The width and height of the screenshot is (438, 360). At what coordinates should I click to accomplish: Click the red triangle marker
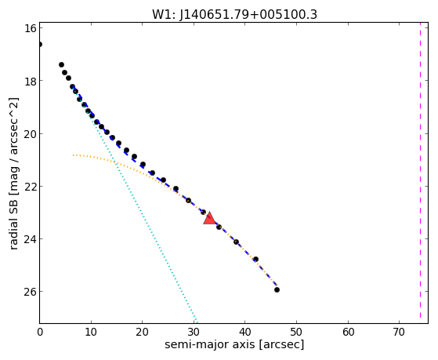[x=209, y=219]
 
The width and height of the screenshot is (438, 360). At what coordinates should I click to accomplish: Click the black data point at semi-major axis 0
[x=39, y=44]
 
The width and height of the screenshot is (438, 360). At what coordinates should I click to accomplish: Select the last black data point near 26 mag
[x=277, y=289]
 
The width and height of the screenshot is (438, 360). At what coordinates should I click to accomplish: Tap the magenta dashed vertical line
[x=420, y=173]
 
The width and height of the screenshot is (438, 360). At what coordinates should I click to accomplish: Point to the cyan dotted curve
[x=134, y=202]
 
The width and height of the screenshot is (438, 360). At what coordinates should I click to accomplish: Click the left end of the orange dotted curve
[x=73, y=155]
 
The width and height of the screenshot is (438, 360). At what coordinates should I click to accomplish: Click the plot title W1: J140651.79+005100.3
[x=234, y=14]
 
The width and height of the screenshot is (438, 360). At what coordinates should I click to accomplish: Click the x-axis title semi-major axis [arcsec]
[x=234, y=344]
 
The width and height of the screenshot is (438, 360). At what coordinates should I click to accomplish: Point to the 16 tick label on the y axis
[x=29, y=28]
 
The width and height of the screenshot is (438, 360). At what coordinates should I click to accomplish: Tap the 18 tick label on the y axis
[x=29, y=81]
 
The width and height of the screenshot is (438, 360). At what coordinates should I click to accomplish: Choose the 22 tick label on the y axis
[x=29, y=187]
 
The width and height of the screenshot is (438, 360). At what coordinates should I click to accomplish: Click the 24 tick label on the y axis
[x=29, y=239]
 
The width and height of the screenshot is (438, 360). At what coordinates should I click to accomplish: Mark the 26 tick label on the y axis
[x=29, y=292]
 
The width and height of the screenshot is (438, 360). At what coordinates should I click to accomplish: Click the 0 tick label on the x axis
[x=40, y=332]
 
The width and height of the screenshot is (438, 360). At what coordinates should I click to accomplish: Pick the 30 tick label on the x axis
[x=194, y=332]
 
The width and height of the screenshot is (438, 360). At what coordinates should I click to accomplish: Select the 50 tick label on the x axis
[x=296, y=332]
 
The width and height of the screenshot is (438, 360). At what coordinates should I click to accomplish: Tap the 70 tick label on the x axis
[x=399, y=332]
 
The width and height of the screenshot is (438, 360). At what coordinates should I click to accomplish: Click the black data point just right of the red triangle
[x=219, y=227]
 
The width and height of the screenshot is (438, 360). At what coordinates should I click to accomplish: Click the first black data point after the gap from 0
[x=61, y=64]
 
